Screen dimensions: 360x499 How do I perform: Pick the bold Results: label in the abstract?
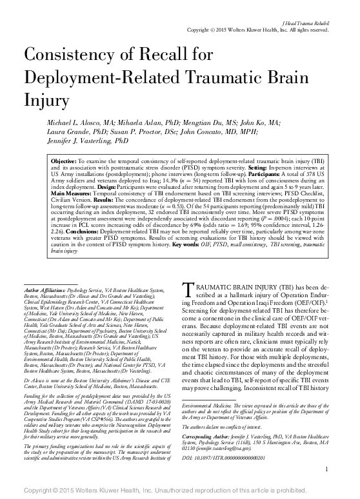pyautogui.click(x=205, y=199)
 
